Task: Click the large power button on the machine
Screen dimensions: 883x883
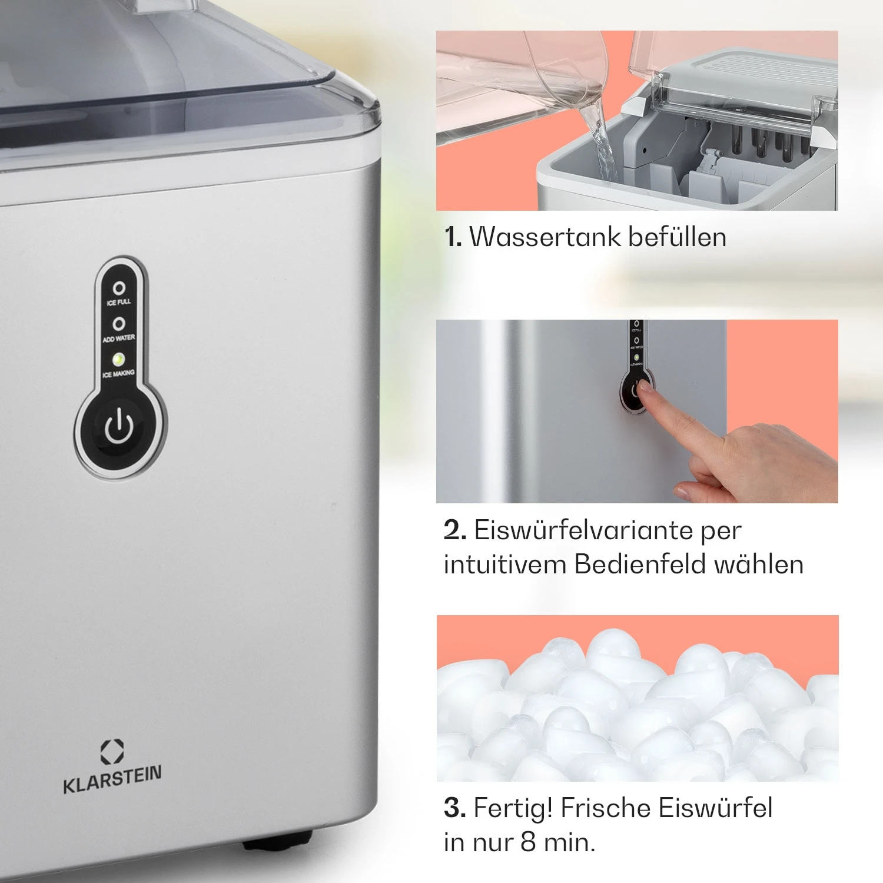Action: pyautogui.click(x=119, y=427)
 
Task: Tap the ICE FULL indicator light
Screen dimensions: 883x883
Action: pyautogui.click(x=119, y=288)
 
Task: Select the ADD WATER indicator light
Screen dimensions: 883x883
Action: pyautogui.click(x=119, y=324)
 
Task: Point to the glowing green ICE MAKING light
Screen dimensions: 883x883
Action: pyautogui.click(x=118, y=358)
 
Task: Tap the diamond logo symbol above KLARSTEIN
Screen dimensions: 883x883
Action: pyautogui.click(x=112, y=752)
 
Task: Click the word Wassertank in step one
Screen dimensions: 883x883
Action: pyautogui.click(x=545, y=237)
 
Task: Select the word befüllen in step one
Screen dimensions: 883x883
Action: pyautogui.click(x=677, y=237)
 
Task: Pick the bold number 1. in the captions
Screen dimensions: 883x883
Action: pyautogui.click(x=453, y=237)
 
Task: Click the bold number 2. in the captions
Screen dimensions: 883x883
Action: pyautogui.click(x=455, y=530)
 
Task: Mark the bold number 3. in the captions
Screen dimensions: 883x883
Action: pyautogui.click(x=455, y=808)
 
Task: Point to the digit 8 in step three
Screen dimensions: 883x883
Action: pyautogui.click(x=528, y=842)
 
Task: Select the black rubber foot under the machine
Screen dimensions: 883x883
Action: pyautogui.click(x=277, y=842)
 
